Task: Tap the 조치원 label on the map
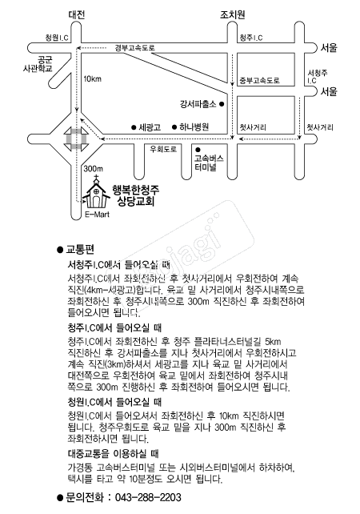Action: pyautogui.click(x=232, y=15)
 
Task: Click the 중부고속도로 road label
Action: pyautogui.click(x=259, y=80)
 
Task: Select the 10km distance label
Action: pyautogui.click(x=92, y=78)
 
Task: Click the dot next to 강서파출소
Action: pyautogui.click(x=223, y=103)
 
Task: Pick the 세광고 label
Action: pyautogui.click(x=150, y=126)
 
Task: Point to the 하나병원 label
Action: pyautogui.click(x=193, y=126)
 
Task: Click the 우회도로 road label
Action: pyautogui.click(x=162, y=148)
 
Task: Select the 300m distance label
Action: pyautogui.click(x=94, y=169)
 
